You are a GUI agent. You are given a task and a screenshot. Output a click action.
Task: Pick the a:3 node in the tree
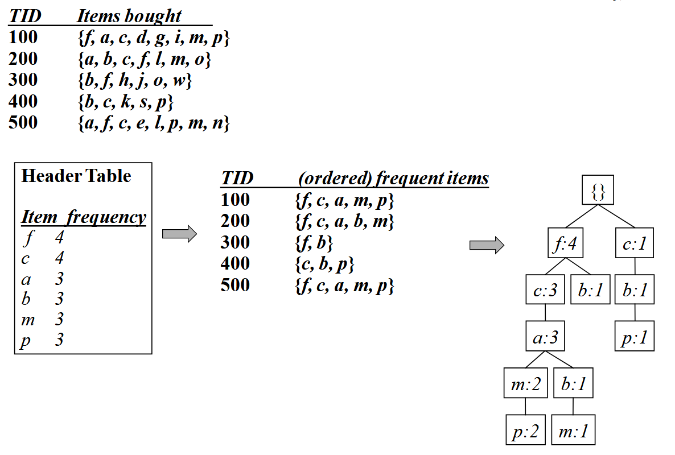545,338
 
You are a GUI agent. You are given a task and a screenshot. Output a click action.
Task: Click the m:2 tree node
525,385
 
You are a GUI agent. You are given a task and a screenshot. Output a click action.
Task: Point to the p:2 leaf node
525,432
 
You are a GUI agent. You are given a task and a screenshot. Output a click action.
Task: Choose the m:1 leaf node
573,432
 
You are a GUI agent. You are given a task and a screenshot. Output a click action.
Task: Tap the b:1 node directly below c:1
635,291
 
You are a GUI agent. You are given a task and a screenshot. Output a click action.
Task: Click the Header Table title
76,176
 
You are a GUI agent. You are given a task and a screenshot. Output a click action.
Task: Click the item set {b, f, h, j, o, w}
134,80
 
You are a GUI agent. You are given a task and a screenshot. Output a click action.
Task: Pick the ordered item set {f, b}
314,243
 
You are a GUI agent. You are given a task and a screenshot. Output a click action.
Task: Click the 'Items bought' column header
129,16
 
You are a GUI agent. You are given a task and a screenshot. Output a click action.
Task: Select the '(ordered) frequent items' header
393,179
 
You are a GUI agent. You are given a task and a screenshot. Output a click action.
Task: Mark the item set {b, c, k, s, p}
125,102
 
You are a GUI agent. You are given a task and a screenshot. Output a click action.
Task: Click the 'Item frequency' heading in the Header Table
83,217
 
